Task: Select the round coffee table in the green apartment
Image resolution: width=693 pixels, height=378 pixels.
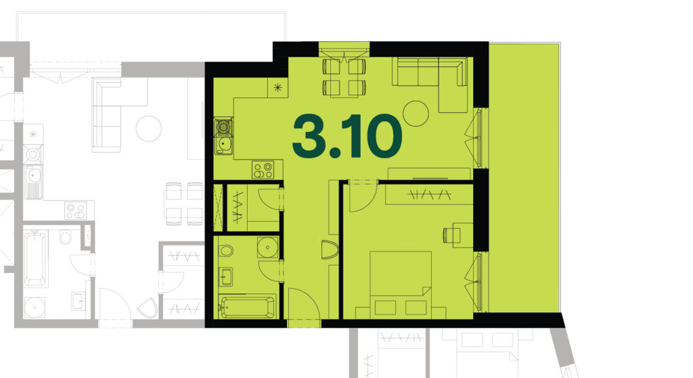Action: point(416,114)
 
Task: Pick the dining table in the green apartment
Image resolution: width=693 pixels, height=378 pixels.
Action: point(344,77)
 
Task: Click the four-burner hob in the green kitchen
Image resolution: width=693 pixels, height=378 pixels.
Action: point(263,170)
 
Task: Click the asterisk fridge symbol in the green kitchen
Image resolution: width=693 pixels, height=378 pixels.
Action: point(277,87)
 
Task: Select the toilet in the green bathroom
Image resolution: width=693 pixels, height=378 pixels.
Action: point(225,251)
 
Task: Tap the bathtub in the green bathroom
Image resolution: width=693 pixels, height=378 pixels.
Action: point(247,306)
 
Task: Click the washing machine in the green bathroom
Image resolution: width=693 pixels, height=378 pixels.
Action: point(268,247)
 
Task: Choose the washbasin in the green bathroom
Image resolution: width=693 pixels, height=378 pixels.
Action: point(225,277)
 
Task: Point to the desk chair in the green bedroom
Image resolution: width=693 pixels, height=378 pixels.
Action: point(449,235)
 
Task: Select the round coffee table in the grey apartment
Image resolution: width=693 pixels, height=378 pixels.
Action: point(148,128)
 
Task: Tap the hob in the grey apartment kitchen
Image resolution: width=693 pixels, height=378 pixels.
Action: point(76,210)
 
